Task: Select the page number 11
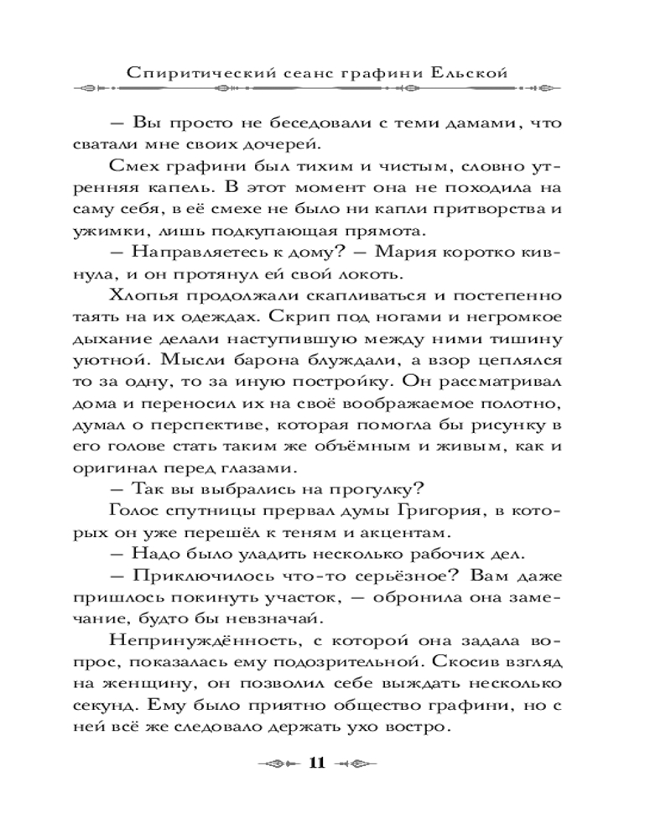point(316,763)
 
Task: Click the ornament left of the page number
point(278,763)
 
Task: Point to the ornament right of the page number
point(356,763)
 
